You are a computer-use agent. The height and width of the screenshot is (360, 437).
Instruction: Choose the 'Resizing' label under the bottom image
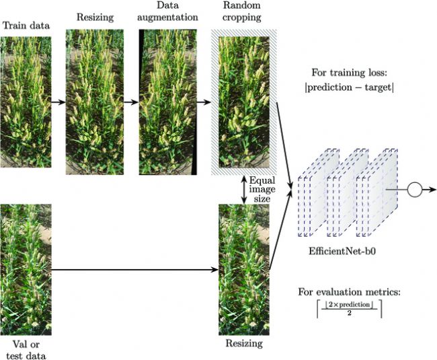241,344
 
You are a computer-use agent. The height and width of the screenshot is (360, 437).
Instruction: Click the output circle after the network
414,190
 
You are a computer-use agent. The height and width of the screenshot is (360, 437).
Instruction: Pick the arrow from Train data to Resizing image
57,103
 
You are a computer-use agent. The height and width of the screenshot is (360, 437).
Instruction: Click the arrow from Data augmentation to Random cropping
202,103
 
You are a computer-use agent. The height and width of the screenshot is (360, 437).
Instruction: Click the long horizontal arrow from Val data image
134,271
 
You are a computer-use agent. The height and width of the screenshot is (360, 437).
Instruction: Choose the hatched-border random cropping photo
241,102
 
